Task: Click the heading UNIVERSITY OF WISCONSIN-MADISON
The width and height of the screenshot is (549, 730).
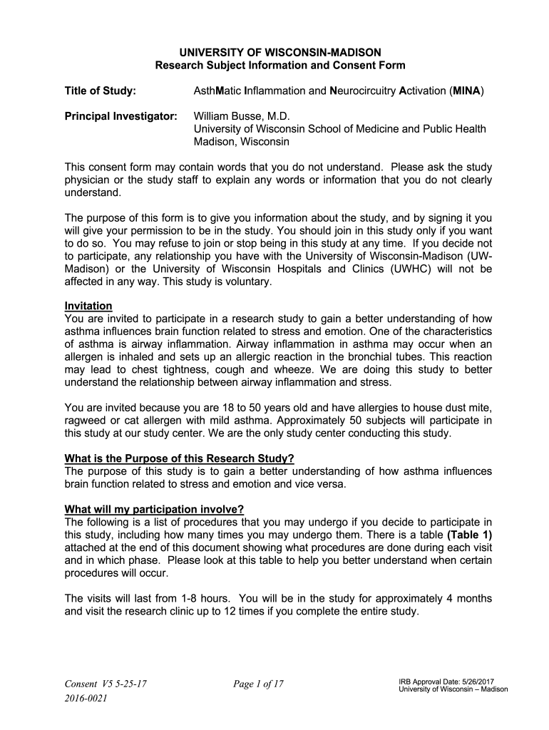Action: click(x=280, y=52)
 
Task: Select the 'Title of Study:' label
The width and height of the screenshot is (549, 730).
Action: click(x=100, y=91)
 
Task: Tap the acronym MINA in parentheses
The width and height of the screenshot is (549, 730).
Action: click(x=467, y=91)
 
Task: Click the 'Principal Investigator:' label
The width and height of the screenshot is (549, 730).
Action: click(x=120, y=115)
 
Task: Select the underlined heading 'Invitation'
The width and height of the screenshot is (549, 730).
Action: click(x=88, y=306)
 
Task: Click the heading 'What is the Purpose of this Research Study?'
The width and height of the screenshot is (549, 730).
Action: click(x=179, y=458)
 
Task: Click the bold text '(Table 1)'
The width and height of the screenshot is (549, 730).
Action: click(x=469, y=535)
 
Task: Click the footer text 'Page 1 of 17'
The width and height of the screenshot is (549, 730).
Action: click(x=258, y=684)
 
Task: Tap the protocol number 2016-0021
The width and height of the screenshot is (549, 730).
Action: click(x=86, y=699)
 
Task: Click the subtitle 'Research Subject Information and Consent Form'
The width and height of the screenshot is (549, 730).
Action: click(x=280, y=65)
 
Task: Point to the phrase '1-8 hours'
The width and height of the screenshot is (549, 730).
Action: click(x=207, y=598)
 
